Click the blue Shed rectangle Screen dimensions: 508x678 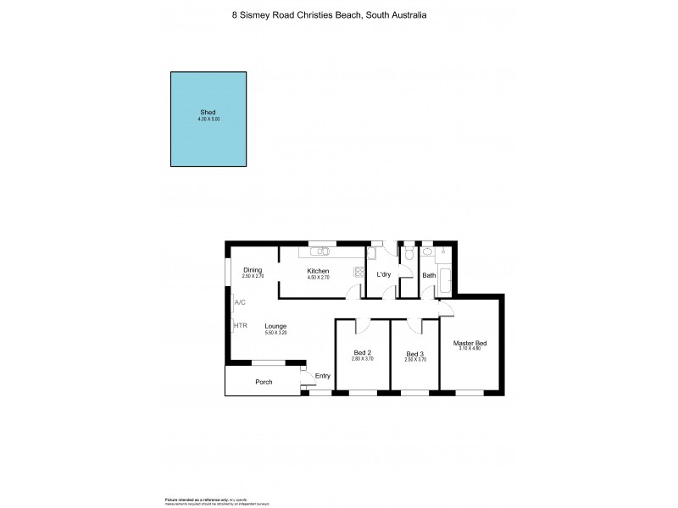point(208,119)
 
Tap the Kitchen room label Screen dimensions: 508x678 point(319,271)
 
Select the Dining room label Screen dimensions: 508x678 point(253,270)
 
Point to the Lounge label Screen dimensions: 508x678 point(275,326)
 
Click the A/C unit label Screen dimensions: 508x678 point(240,302)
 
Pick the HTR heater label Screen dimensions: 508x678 point(241,325)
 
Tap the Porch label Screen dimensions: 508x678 point(264,382)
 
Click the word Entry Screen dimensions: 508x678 point(322,376)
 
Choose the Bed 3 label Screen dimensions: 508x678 point(414,353)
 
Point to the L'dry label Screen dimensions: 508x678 point(383,275)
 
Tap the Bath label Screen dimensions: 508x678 point(429,275)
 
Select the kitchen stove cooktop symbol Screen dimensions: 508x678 point(360,272)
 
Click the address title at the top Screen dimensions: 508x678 point(339,15)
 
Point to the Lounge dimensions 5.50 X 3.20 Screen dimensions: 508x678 point(275,333)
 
